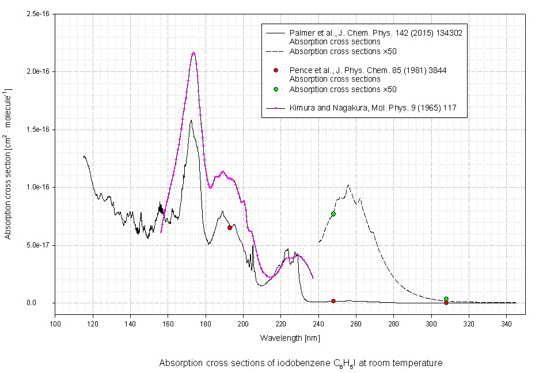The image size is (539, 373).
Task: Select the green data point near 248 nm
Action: pyautogui.click(x=333, y=214)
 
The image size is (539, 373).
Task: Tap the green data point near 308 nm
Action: pyautogui.click(x=446, y=299)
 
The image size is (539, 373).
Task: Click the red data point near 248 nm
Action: pyautogui.click(x=333, y=301)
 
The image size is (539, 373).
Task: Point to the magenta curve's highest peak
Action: pyautogui.click(x=193, y=53)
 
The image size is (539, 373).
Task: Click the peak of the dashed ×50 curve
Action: pyautogui.click(x=348, y=185)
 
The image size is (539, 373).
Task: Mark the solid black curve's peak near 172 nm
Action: pyautogui.click(x=191, y=120)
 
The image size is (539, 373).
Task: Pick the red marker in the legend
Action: pyautogui.click(x=276, y=70)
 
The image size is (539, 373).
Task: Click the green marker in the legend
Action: pyautogui.click(x=276, y=89)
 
